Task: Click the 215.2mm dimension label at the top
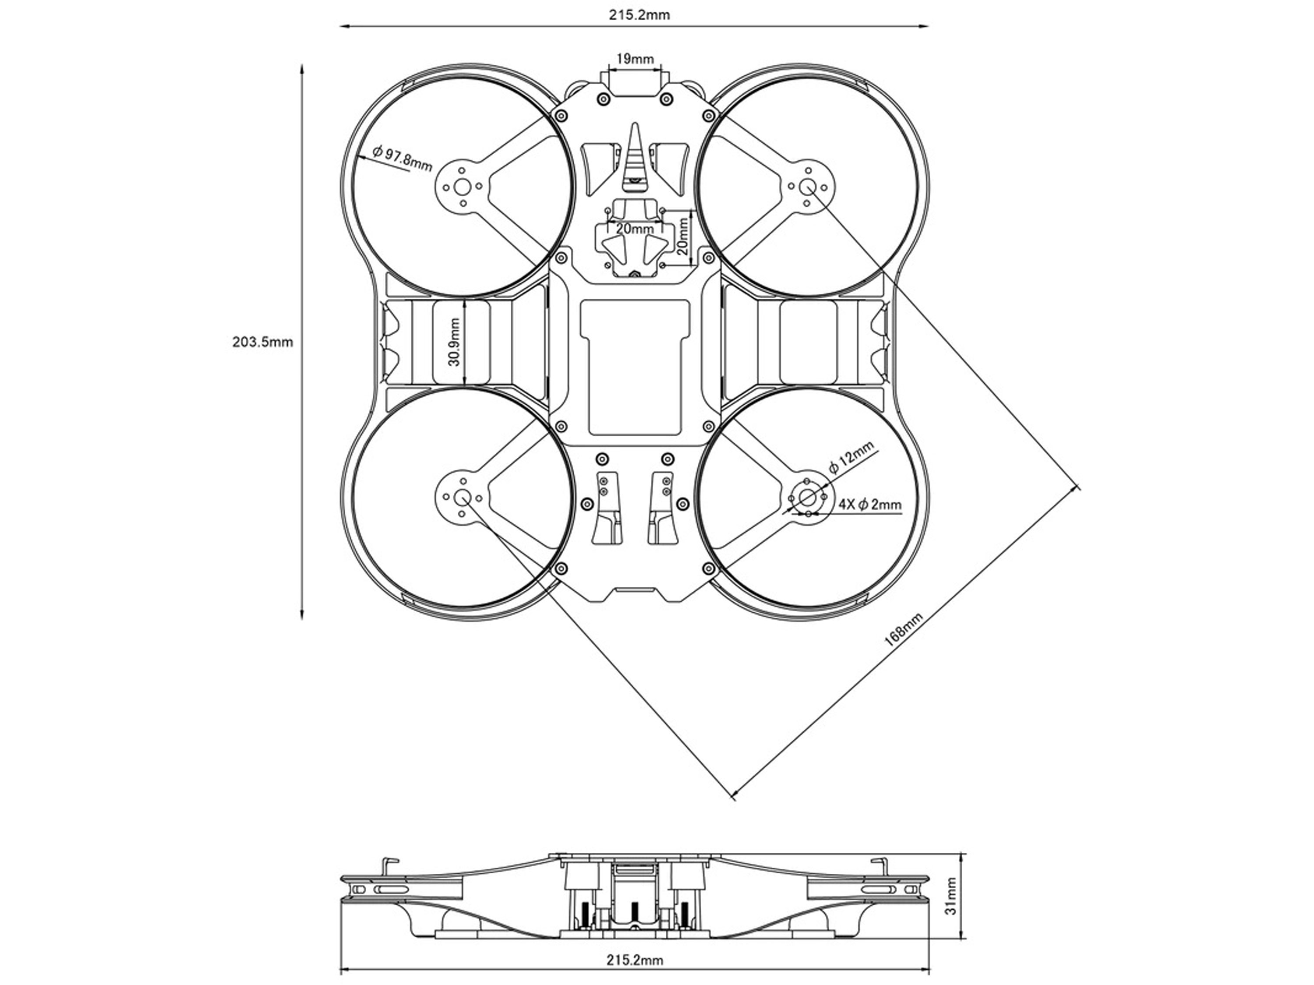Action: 639,15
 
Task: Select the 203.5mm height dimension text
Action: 262,342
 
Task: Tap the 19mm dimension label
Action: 634,59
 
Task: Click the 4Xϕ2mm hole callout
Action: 870,505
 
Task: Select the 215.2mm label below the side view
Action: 634,960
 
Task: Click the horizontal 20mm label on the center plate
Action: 634,229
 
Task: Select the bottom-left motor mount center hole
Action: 462,498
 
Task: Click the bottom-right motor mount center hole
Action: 807,498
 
